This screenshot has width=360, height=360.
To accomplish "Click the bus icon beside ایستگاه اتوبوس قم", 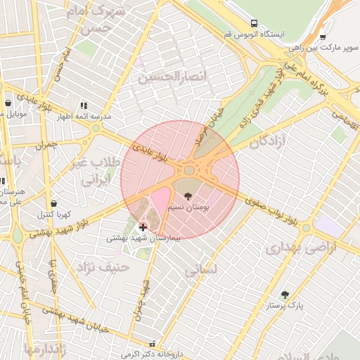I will point(254,22).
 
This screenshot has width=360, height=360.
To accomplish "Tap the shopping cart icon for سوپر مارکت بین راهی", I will point(323,37).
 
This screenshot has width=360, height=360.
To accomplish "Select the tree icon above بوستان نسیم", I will point(187,195).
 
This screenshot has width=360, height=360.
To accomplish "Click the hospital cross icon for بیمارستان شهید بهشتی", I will point(143,227).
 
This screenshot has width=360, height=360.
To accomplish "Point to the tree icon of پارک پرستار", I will point(284,295).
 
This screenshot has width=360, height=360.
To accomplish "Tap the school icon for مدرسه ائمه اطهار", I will point(84,105).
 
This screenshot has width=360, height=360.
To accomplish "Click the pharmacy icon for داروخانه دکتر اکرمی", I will point(153,345).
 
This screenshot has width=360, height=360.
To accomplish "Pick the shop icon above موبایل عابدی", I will point(8,103).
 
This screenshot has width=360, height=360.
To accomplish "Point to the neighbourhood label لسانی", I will point(202,269).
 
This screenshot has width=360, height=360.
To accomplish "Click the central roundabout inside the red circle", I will point(188,169).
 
